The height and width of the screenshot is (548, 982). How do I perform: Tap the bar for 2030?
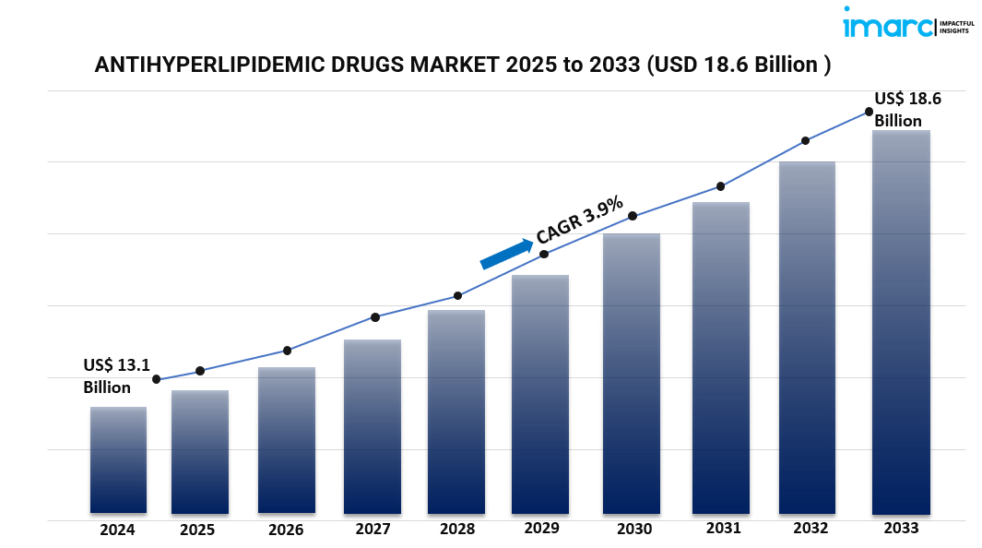click(632, 374)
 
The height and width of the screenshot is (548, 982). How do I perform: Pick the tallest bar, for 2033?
click(901, 322)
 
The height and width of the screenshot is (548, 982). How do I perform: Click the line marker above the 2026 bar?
click(287, 351)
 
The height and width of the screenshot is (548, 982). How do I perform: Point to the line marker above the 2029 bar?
click(544, 254)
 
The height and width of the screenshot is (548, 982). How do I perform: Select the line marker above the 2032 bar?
click(805, 140)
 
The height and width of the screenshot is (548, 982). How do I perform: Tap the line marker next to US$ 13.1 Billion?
click(157, 379)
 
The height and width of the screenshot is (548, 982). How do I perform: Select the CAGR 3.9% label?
click(580, 221)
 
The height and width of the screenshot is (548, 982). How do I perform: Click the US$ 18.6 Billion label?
click(907, 110)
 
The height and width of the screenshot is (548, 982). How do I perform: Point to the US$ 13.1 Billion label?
click(115, 375)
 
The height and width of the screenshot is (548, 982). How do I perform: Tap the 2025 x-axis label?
click(197, 530)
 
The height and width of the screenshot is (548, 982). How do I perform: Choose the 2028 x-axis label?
click(457, 530)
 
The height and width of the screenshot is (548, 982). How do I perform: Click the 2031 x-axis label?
click(723, 529)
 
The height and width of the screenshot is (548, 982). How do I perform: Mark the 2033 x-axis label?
click(901, 529)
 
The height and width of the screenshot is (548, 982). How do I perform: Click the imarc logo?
click(888, 24)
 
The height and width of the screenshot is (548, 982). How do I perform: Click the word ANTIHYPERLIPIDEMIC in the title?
click(208, 66)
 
